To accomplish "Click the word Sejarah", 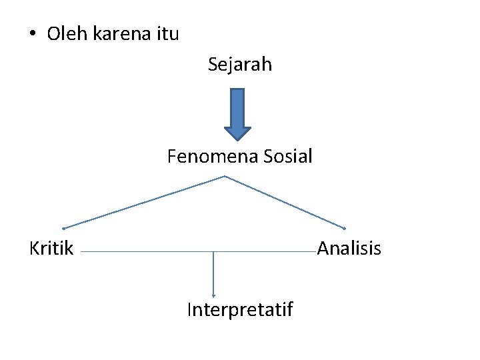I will pos(239,65).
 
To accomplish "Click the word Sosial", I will pos(288,157).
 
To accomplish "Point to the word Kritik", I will pos(51,249).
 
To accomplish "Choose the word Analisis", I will pos(349,249).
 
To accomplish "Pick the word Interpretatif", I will pos(240,309).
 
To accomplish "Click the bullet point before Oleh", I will pos(32,34).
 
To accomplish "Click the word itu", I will pos(167,33).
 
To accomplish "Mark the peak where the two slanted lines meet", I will pos(225,176).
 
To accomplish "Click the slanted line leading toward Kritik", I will pos(143,202).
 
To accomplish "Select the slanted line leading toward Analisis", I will pos(285,202).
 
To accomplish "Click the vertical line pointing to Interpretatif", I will pos(213,273).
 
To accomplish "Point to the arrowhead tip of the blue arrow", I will pos(237,139).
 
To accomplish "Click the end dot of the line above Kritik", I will pos(63,228).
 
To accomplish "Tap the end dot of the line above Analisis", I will pos(344,228).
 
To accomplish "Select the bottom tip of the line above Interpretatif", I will pos(213,295).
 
